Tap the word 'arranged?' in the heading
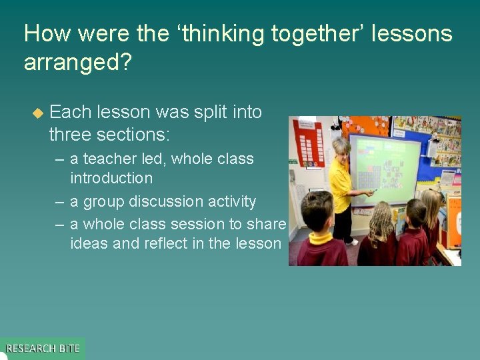pyautogui.click(x=79, y=62)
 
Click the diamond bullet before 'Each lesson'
pyautogui.click(x=37, y=113)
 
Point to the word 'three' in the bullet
pyautogui.click(x=70, y=134)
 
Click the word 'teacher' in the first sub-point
pyautogui.click(x=109, y=159)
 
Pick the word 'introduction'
pyautogui.click(x=111, y=178)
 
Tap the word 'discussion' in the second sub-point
pyautogui.click(x=168, y=201)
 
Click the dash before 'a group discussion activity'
pyautogui.click(x=59, y=201)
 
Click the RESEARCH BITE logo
pyautogui.click(x=42, y=348)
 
